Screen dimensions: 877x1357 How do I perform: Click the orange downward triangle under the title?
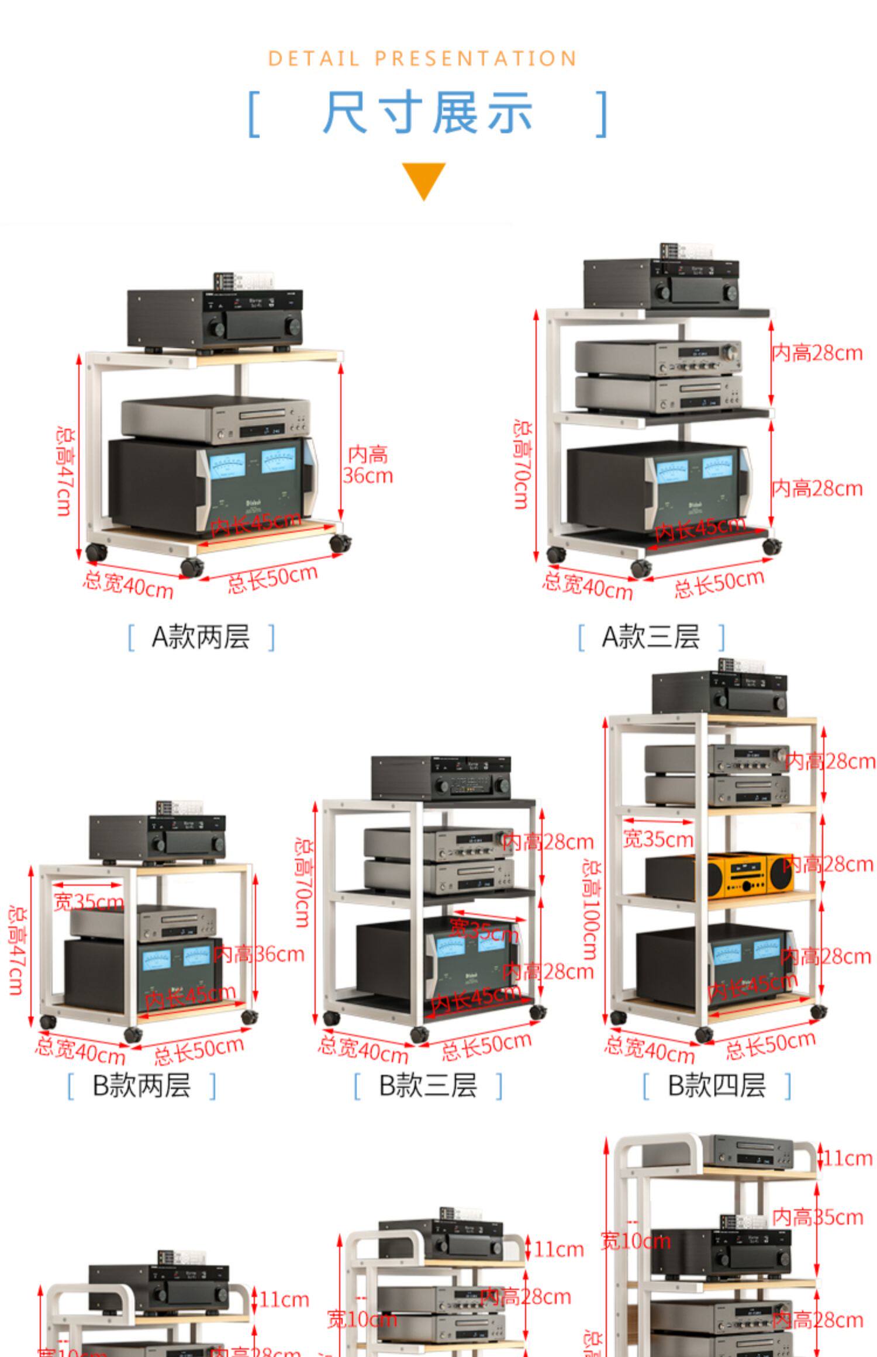pyautogui.click(x=423, y=179)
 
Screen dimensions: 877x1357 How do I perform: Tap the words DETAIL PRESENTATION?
pyautogui.click(x=422, y=59)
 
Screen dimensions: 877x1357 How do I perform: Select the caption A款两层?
pyautogui.click(x=201, y=636)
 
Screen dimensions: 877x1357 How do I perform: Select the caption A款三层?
pyautogui.click(x=651, y=636)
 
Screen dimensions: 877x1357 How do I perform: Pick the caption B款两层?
pyautogui.click(x=141, y=1085)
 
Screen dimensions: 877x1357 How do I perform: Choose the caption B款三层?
pyautogui.click(x=428, y=1085)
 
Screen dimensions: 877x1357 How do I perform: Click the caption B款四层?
pyautogui.click(x=716, y=1085)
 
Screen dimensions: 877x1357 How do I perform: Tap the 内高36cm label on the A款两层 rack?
pyautogui.click(x=368, y=465)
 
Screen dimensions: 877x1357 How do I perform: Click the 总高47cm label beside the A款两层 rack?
pyautogui.click(x=64, y=471)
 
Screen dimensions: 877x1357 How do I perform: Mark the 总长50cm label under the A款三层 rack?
pyautogui.click(x=719, y=583)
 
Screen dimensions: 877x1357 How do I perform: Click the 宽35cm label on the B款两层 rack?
pyautogui.click(x=88, y=902)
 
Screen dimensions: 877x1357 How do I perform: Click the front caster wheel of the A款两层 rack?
pyautogui.click(x=192, y=567)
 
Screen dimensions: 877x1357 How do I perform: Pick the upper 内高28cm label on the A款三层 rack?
pyautogui.click(x=817, y=353)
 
